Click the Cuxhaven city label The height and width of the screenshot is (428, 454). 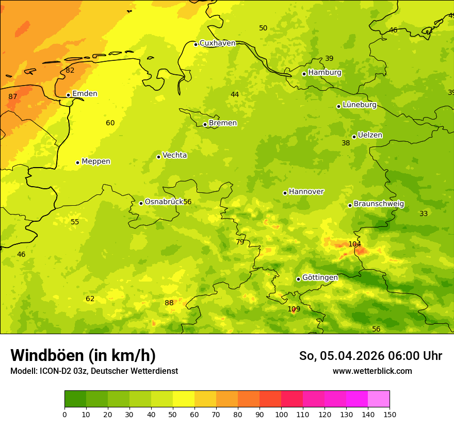click(217, 43)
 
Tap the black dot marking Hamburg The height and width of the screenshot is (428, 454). click(304, 74)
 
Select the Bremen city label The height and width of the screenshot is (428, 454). click(222, 123)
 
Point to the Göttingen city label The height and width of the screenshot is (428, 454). click(320, 278)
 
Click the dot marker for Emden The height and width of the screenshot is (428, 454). click(68, 95)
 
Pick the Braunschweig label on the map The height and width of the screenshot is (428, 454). click(379, 204)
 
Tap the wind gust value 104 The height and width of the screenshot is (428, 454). click(354, 244)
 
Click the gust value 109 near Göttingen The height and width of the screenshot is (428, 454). click(294, 309)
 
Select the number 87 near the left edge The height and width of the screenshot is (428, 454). click(13, 97)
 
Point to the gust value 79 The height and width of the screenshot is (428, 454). click(240, 242)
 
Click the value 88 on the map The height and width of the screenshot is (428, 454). click(169, 303)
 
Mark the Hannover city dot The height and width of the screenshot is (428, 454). click(285, 193)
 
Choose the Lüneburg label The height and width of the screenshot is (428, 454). click(359, 105)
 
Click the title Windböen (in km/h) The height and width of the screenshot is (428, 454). click(83, 355)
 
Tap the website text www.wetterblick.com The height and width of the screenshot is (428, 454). click(372, 371)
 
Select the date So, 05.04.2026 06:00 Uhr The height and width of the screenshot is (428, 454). click(370, 356)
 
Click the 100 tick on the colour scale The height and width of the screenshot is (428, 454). click(281, 414)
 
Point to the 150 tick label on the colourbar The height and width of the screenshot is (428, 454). click(389, 414)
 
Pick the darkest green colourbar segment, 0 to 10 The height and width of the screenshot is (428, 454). click(75, 399)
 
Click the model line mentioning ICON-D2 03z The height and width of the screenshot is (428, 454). click(94, 371)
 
